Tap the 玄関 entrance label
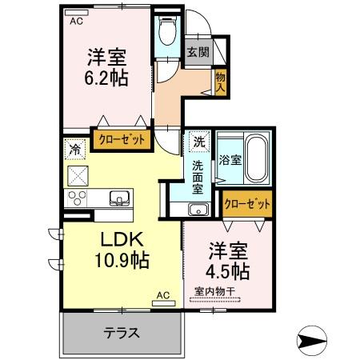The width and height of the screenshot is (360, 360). pos(198,52)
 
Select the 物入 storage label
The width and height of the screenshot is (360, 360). pos(221,80)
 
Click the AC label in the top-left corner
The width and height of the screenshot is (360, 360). pos(76,22)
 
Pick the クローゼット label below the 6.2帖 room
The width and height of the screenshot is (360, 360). pos(122,140)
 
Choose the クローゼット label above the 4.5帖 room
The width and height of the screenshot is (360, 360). pos(246,204)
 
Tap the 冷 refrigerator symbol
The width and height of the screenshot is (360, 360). pos(74,149)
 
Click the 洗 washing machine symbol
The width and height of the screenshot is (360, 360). pos(198,142)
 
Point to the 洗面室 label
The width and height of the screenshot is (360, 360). pos(198,178)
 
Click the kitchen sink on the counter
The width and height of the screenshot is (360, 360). pos(118,197)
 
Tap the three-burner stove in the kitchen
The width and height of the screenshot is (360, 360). pos(78,198)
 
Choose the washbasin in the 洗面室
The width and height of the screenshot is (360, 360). pos(198,210)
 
